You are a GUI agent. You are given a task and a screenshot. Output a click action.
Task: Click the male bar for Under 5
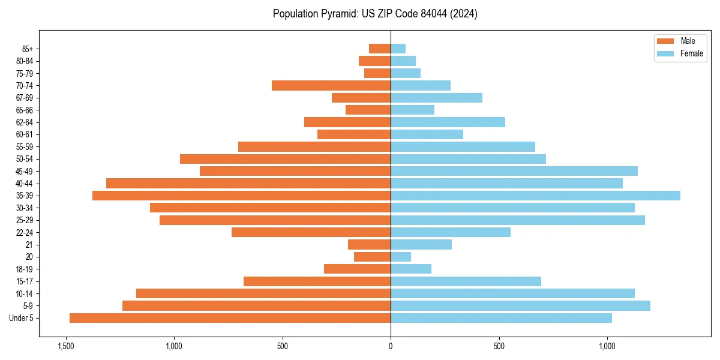(230, 318)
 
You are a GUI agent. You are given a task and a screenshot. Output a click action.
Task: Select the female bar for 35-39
(535, 196)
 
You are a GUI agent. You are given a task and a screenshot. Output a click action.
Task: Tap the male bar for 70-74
(331, 86)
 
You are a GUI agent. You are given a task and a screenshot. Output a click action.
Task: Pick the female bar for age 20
(401, 257)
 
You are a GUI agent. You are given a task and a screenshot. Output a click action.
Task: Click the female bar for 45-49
(514, 171)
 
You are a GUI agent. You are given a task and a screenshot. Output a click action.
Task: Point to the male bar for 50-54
(285, 159)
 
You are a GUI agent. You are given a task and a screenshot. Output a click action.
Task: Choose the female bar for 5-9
(520, 306)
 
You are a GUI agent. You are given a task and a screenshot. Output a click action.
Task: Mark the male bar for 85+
(380, 49)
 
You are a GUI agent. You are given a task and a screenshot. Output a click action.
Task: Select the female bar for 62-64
(448, 122)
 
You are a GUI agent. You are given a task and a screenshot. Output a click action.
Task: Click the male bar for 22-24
(311, 232)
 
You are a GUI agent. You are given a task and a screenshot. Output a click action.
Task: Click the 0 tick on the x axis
(391, 347)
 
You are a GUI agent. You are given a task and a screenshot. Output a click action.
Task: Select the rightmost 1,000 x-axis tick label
(607, 347)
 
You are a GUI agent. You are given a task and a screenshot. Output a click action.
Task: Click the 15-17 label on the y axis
(25, 281)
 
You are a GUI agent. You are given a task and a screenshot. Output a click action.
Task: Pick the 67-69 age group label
(25, 98)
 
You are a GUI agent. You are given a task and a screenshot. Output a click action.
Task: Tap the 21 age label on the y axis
(29, 245)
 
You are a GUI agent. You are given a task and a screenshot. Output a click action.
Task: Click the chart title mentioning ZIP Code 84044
(375, 14)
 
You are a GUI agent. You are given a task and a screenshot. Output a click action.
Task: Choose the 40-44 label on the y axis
(25, 184)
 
